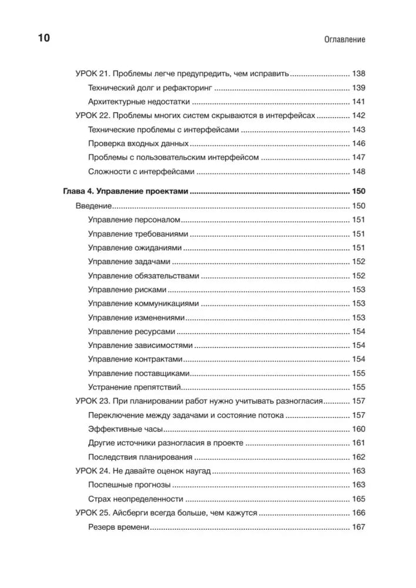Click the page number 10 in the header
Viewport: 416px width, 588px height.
click(x=44, y=39)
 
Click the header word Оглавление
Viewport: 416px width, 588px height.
click(x=344, y=39)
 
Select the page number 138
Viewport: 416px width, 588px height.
click(x=358, y=74)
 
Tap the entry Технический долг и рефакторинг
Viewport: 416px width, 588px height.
click(x=150, y=88)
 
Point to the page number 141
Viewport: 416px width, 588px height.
click(x=358, y=102)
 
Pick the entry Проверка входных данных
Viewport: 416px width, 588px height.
click(x=138, y=143)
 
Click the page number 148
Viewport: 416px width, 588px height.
click(x=358, y=172)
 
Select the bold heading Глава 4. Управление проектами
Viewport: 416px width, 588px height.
click(x=126, y=192)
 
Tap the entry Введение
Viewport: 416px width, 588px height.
click(x=94, y=206)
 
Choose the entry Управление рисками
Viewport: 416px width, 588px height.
click(x=127, y=289)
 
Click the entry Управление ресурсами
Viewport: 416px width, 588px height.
click(x=130, y=331)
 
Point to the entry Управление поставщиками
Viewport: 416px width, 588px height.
click(x=139, y=373)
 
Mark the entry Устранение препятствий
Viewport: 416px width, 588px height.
click(x=133, y=387)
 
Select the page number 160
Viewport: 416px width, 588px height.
click(x=358, y=429)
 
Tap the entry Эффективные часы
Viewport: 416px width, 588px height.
click(x=125, y=429)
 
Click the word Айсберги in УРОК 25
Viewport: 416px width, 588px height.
click(x=132, y=513)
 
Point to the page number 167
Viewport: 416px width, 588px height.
click(x=358, y=527)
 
